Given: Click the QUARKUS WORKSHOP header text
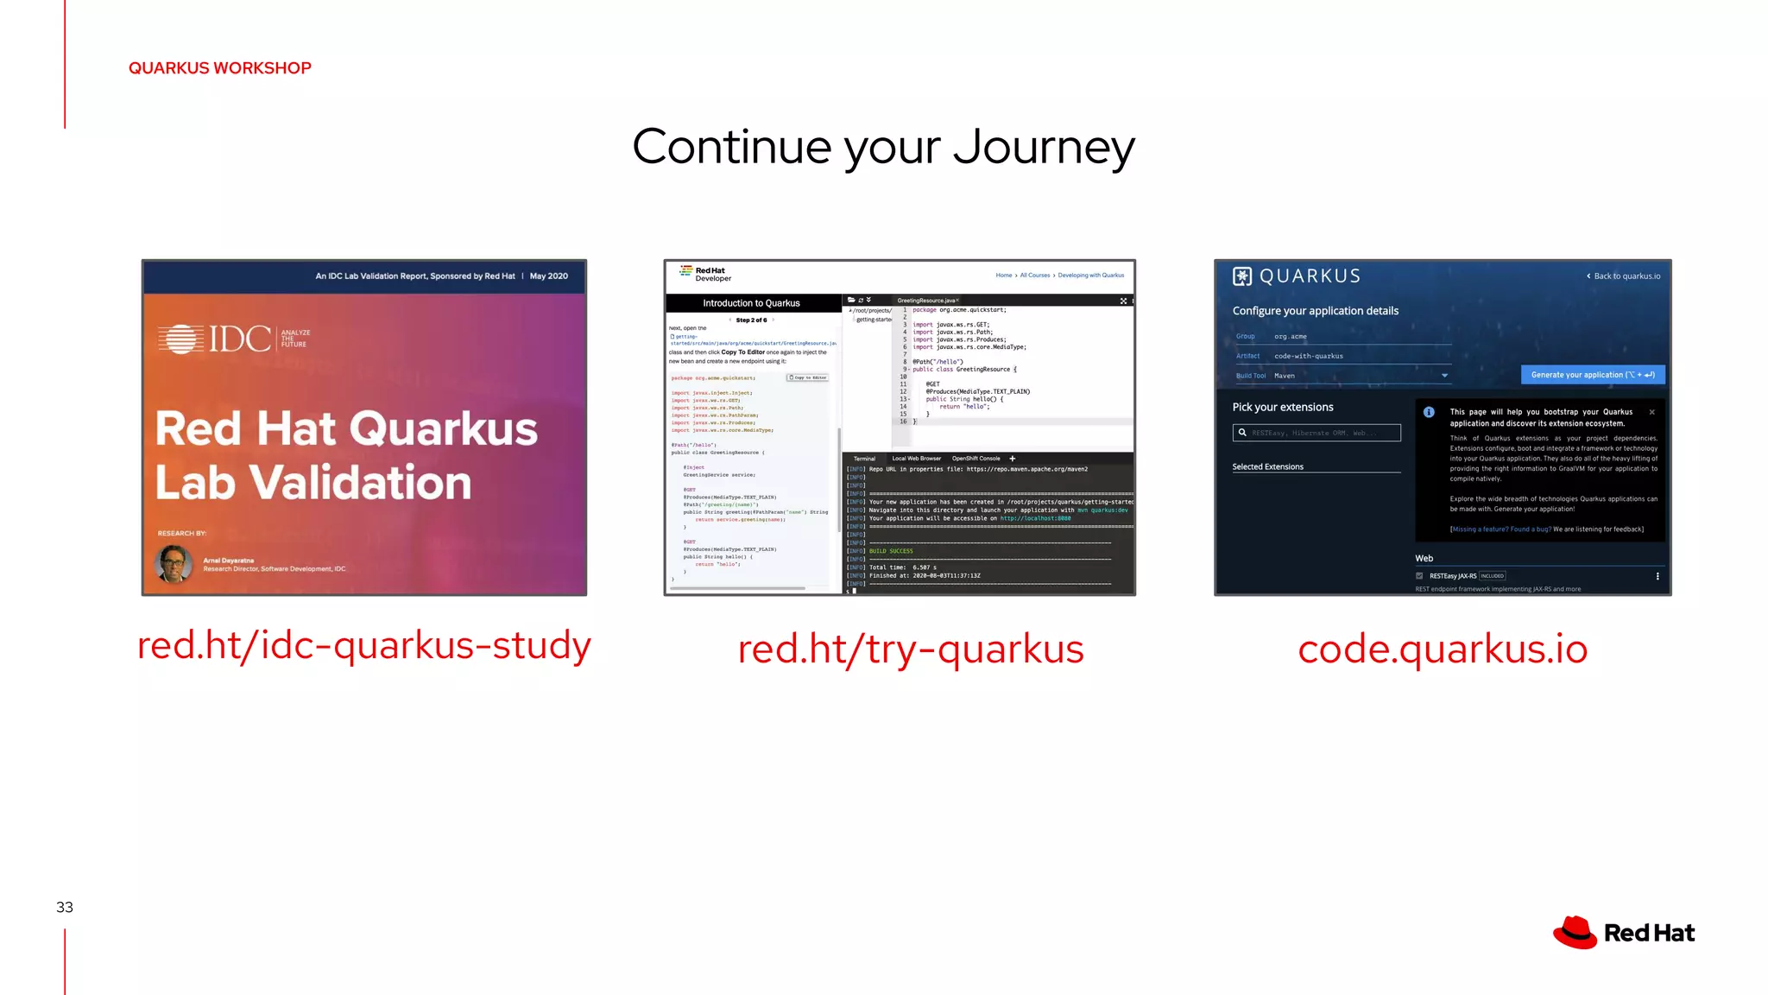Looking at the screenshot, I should [219, 68].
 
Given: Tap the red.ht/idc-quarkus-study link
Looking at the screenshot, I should [363, 645].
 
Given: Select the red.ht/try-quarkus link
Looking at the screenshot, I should [910, 649].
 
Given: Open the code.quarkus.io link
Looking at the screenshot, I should [1442, 649].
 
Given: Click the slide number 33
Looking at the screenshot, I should [65, 907].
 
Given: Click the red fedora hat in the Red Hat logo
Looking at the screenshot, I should [1575, 933].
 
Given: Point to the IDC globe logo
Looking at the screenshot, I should [180, 339].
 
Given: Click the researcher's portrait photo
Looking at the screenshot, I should [174, 564].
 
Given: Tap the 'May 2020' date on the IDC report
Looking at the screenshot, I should [548, 276].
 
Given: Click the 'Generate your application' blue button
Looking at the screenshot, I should [1592, 375].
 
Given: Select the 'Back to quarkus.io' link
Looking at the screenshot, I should [1624, 276].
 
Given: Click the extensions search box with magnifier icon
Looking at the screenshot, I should [1316, 433].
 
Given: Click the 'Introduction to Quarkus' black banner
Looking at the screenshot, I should [751, 303].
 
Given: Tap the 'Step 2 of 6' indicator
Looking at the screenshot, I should [751, 320].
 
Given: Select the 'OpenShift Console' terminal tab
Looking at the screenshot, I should [976, 459].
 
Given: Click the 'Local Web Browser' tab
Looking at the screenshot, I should [916, 459].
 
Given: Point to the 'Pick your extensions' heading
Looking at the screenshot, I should [1282, 407].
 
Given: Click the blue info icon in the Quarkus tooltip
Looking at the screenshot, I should [1429, 412].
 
